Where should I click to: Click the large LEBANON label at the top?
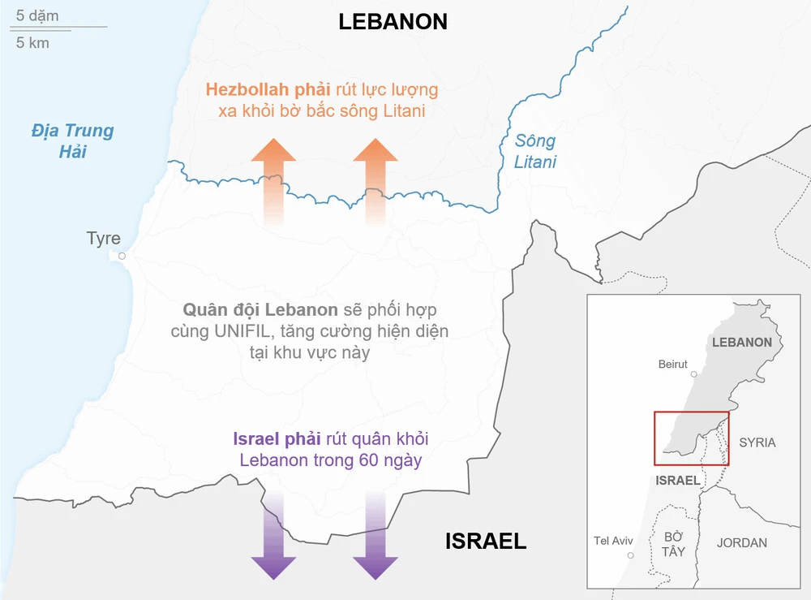[393, 22]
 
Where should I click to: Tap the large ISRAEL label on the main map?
[486, 542]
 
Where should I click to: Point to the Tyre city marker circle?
[122, 256]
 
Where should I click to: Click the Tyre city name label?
[104, 239]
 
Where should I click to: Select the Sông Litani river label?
[535, 151]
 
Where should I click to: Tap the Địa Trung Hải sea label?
[72, 140]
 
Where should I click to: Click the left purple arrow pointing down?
[273, 536]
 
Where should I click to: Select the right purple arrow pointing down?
[375, 536]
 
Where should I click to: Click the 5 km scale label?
[32, 43]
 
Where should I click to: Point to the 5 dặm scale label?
[37, 15]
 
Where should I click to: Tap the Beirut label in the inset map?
[672, 365]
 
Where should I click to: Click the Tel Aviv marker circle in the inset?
[630, 555]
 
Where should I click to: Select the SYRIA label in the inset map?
[757, 442]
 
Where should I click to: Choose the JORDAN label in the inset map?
[741, 542]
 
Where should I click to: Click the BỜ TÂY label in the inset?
[673, 544]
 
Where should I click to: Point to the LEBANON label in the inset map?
[741, 342]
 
